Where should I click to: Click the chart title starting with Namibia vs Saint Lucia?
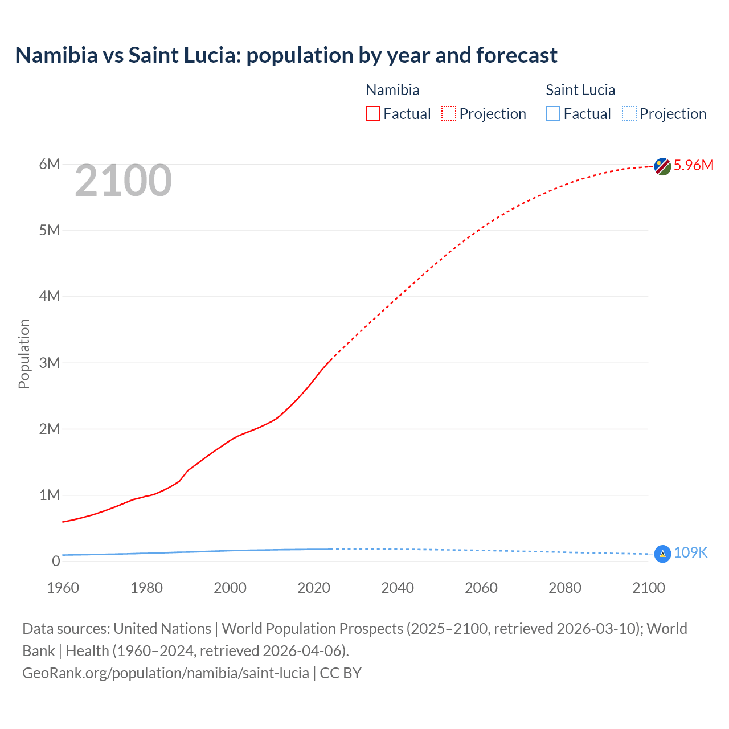pos(286,55)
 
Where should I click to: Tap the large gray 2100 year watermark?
pos(123,181)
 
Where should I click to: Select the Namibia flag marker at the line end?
pos(662,166)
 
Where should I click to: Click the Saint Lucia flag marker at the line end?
pos(662,554)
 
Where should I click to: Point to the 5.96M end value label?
pos(693,165)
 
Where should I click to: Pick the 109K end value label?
pos(690,552)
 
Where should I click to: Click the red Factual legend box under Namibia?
pos(373,114)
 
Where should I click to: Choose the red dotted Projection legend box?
pos(449,114)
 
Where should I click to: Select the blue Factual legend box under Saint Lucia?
pos(553,114)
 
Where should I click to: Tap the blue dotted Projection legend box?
pos(629,114)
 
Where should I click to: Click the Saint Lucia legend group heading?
pos(580,90)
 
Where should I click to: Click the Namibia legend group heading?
pos(392,90)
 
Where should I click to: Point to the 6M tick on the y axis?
pos(50,165)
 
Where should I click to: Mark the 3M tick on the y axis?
pos(50,363)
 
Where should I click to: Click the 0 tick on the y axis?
pos(56,561)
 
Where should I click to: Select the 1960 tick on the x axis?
pos(63,588)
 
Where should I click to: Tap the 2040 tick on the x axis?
pos(398,588)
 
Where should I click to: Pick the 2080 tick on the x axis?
pos(565,588)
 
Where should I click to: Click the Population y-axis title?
pos(24,354)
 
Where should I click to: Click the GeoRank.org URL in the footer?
pos(166,673)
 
